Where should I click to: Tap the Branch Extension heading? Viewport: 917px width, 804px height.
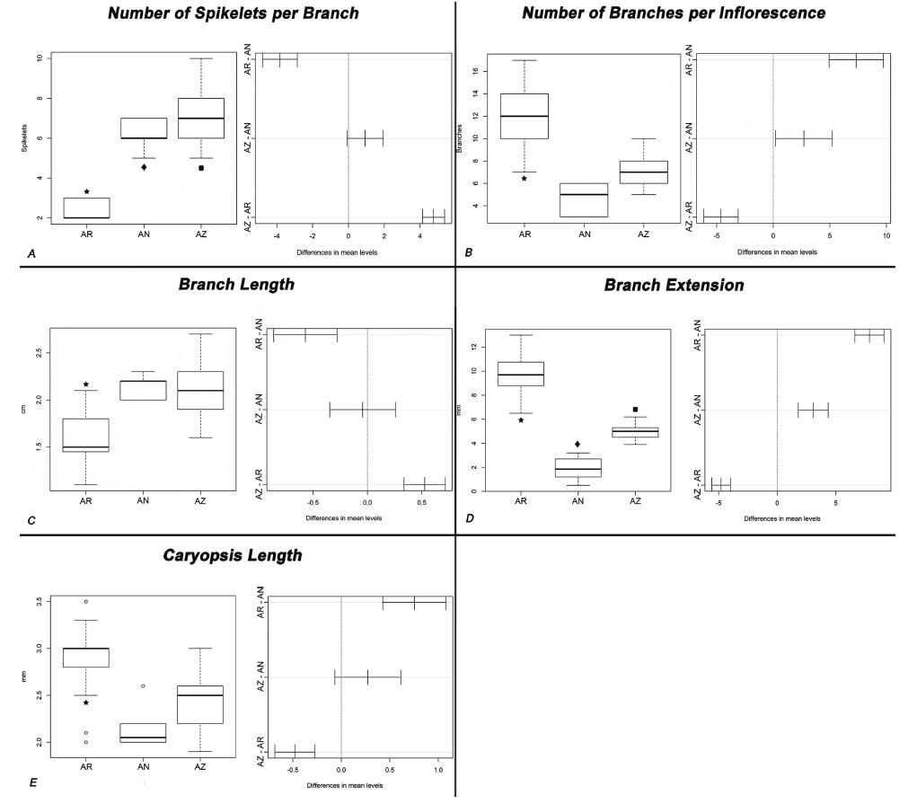674,285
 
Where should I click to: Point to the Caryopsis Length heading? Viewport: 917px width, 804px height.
233,555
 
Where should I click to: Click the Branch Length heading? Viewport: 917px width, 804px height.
237,285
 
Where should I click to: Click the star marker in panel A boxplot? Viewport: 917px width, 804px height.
86,191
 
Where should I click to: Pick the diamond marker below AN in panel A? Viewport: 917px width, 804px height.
144,167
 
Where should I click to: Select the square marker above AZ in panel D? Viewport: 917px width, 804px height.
635,410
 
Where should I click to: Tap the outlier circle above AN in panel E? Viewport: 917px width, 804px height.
144,686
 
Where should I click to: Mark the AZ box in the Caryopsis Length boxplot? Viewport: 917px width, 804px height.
200,704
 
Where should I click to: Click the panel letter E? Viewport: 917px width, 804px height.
32,782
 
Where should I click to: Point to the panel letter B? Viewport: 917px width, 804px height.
468,253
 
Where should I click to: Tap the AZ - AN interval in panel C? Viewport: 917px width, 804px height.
363,410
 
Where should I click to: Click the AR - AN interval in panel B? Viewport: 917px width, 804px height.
856,60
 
